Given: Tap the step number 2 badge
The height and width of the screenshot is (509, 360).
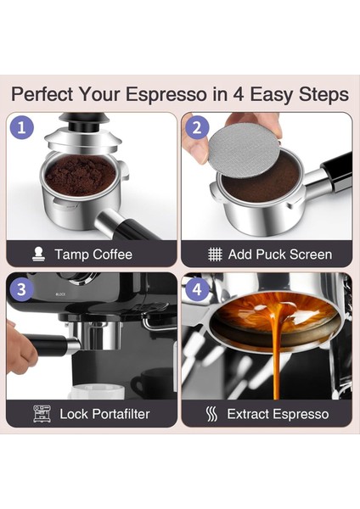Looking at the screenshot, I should [197, 128].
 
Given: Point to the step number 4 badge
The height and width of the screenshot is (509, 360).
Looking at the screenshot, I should [197, 288].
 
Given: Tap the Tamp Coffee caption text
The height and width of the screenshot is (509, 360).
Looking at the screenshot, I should [93, 254].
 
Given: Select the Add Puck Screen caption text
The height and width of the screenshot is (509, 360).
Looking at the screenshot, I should [279, 254].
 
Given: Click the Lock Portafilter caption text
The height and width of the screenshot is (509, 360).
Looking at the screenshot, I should [104, 414].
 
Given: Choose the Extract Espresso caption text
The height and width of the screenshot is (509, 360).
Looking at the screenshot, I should [278, 414].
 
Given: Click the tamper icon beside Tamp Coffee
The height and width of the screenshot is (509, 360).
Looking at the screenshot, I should [38, 254].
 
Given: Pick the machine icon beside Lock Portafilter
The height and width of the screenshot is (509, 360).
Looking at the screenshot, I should [42, 414].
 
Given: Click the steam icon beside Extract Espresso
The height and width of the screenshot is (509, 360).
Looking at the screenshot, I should [212, 414].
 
